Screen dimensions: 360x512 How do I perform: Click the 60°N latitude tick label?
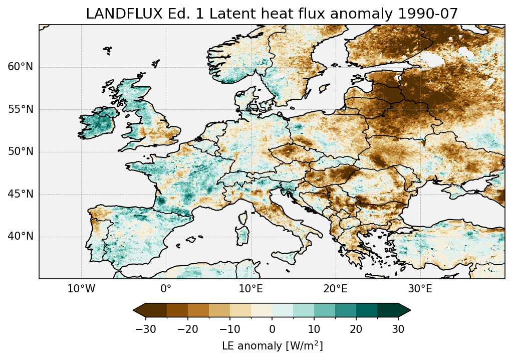point(21,67)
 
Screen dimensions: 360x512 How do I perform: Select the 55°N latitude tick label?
point(21,109)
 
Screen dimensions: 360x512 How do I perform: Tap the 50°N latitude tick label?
point(21,152)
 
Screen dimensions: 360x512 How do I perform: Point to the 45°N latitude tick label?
point(21,194)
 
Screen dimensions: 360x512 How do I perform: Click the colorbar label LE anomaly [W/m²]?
point(272,346)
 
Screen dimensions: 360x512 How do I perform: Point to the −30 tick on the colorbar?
point(145,329)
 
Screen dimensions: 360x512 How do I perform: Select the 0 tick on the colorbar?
point(272,329)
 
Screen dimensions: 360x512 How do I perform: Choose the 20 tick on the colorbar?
point(356,329)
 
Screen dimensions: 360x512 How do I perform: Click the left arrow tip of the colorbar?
point(134,310)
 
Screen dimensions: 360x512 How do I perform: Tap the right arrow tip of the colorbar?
point(410,310)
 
